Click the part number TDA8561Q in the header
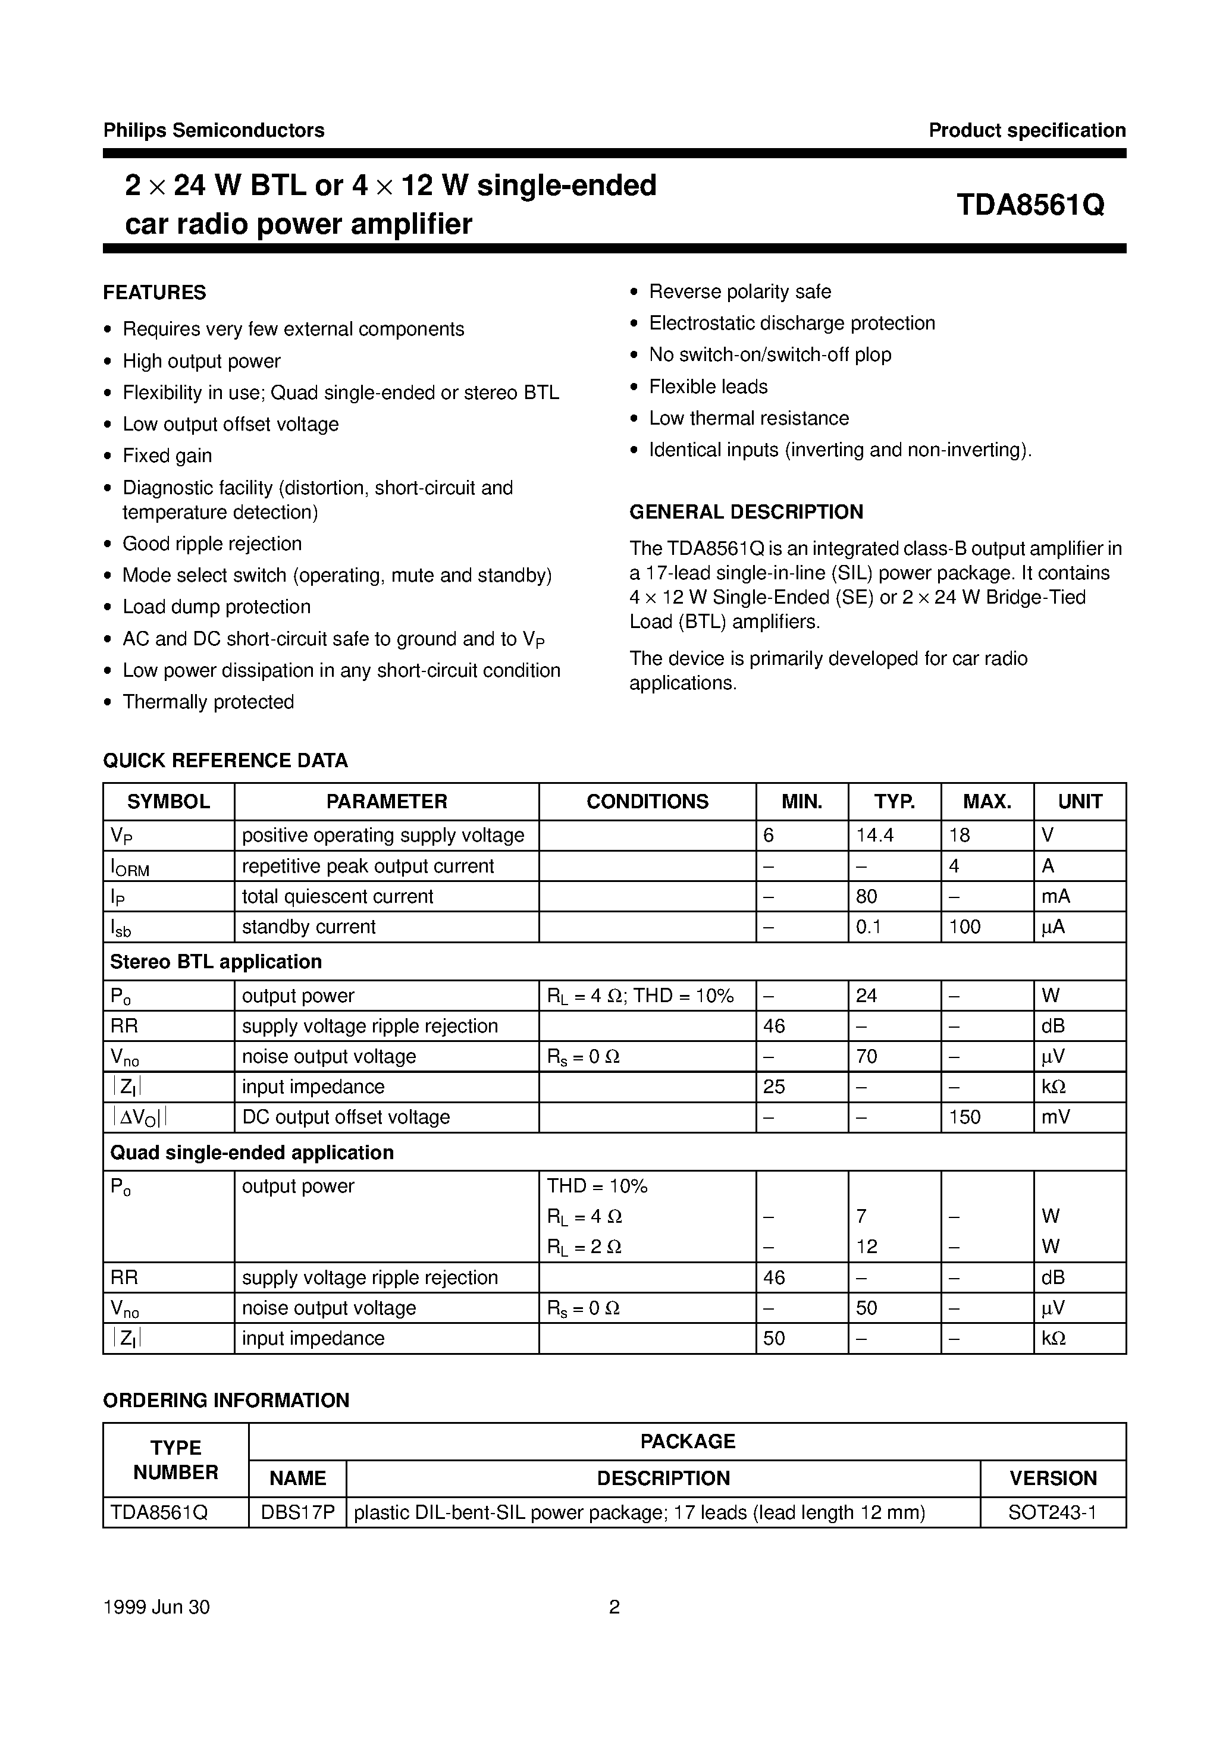[1030, 205]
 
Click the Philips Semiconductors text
[214, 130]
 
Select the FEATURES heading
[155, 293]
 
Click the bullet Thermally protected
[208, 702]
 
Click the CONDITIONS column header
[647, 801]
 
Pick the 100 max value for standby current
[964, 927]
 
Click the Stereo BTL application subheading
[216, 962]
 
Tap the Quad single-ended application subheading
[252, 1153]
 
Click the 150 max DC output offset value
[964, 1117]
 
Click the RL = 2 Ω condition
[584, 1247]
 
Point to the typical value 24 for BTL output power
[866, 996]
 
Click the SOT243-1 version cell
[1052, 1513]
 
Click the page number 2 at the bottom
[614, 1607]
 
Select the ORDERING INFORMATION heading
[226, 1401]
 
